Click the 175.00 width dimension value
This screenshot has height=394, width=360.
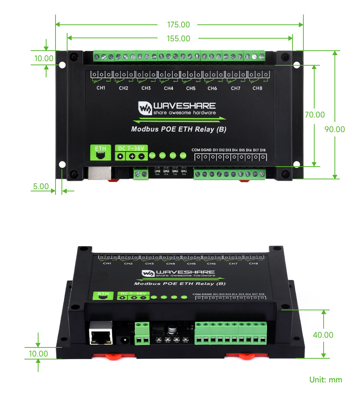click(x=178, y=25)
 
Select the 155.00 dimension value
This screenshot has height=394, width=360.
click(x=178, y=38)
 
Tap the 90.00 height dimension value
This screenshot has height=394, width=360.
click(x=334, y=129)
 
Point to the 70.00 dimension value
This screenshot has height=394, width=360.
click(x=315, y=115)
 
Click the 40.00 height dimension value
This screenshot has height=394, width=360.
click(x=323, y=335)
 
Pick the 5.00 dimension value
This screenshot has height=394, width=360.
click(x=41, y=186)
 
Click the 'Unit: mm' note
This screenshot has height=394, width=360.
click(x=325, y=379)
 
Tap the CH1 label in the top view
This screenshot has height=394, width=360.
click(x=101, y=88)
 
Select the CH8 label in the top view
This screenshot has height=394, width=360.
click(x=257, y=88)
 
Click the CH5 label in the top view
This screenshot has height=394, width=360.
click(x=191, y=88)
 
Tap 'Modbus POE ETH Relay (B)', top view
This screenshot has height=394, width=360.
click(x=178, y=129)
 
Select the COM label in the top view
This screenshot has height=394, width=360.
click(x=196, y=150)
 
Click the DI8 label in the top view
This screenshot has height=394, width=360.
click(x=262, y=150)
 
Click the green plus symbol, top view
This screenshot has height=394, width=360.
click(x=132, y=156)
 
